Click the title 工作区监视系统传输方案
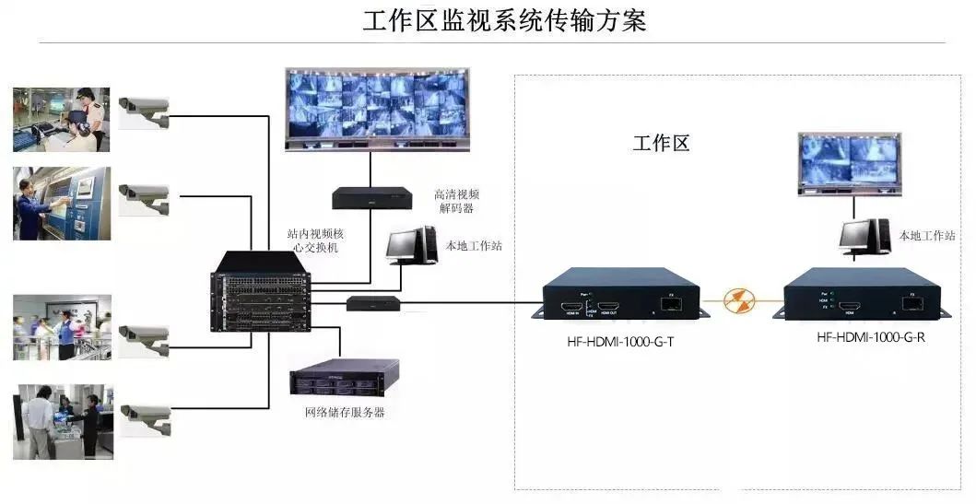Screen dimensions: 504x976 (x=504, y=20)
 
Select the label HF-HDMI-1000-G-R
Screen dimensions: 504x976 (x=870, y=337)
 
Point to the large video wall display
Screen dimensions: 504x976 (x=376, y=108)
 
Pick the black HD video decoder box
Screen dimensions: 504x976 (x=372, y=197)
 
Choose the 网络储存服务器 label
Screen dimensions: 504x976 (x=345, y=412)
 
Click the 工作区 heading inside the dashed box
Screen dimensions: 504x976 (x=661, y=143)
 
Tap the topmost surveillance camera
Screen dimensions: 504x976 (x=145, y=109)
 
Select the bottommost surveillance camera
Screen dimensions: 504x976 (x=147, y=416)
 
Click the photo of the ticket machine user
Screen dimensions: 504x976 (x=62, y=204)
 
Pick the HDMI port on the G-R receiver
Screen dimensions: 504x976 (x=853, y=303)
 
